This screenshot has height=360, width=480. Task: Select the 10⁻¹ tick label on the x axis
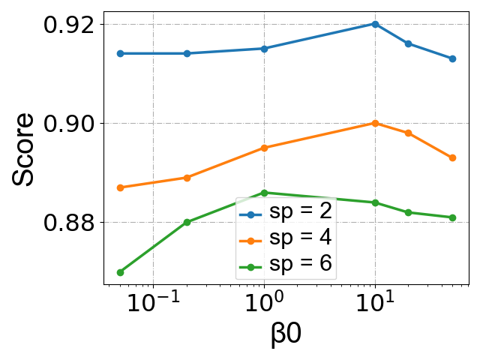click(x=153, y=306)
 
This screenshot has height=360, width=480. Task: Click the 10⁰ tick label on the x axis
click(x=264, y=306)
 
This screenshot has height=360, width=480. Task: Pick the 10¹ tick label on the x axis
click(x=375, y=306)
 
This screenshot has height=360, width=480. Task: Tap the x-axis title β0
click(x=286, y=334)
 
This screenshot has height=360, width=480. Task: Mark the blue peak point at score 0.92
click(x=375, y=24)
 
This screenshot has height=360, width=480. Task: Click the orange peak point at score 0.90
click(x=375, y=123)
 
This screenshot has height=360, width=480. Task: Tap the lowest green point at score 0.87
click(x=120, y=272)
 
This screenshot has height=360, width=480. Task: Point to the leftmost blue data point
click(x=120, y=53)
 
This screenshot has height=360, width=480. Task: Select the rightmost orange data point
click(x=452, y=157)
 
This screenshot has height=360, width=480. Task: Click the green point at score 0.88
click(x=187, y=222)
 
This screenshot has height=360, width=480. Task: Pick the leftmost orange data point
click(x=120, y=187)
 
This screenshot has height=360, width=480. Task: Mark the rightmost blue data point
click(x=452, y=58)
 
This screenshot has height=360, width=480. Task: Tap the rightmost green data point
click(x=452, y=217)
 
